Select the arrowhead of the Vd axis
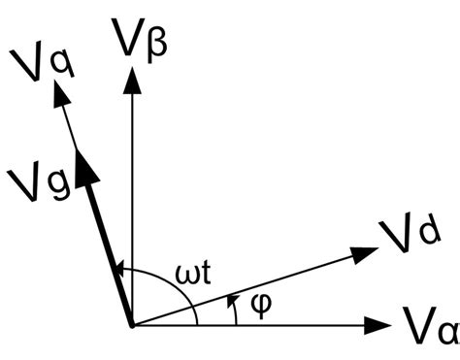click(x=365, y=253)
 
